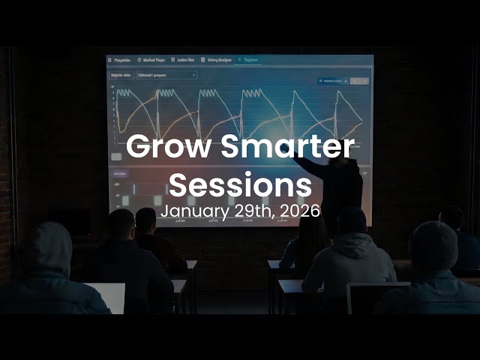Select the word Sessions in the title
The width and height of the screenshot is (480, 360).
pyautogui.click(x=239, y=183)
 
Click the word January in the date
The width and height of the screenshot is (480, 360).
pyautogui.click(x=190, y=211)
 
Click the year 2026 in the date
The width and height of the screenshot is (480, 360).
pyautogui.click(x=301, y=211)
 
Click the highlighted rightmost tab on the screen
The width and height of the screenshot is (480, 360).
pyautogui.click(x=250, y=59)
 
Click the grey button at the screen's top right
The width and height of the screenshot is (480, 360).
pyautogui.click(x=359, y=80)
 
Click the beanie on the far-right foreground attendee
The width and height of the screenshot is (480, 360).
pyautogui.click(x=433, y=244)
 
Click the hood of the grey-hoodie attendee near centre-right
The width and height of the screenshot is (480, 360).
pyautogui.click(x=351, y=224)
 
